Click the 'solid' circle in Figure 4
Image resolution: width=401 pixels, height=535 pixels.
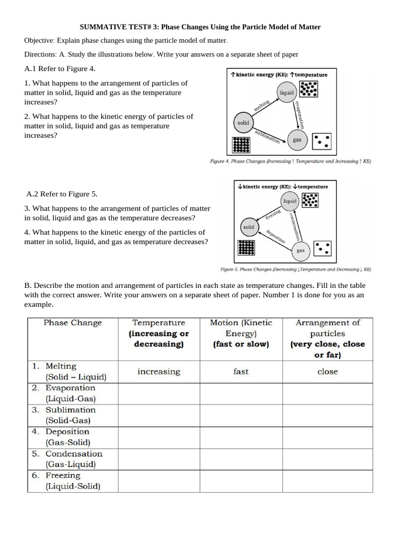click(x=243, y=122)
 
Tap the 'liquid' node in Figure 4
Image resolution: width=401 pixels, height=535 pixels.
click(x=287, y=92)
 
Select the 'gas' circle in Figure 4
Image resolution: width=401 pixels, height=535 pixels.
click(x=297, y=139)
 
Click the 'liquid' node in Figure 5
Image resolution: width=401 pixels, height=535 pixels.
click(x=289, y=201)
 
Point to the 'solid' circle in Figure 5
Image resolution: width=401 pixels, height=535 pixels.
click(x=249, y=227)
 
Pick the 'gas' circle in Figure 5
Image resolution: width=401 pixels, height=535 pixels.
click(x=300, y=250)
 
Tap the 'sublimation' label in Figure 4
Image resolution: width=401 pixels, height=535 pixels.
click(x=267, y=136)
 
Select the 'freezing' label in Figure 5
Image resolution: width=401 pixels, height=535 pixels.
click(x=273, y=214)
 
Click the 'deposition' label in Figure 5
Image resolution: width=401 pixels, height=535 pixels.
click(x=275, y=237)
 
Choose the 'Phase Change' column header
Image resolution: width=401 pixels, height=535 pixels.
click(x=73, y=323)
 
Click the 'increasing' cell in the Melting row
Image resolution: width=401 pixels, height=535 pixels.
click(x=159, y=371)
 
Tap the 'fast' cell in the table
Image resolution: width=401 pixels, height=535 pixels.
click(x=241, y=371)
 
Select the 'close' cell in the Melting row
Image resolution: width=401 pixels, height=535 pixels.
click(x=327, y=371)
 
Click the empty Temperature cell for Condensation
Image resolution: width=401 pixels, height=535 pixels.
click(x=159, y=459)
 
